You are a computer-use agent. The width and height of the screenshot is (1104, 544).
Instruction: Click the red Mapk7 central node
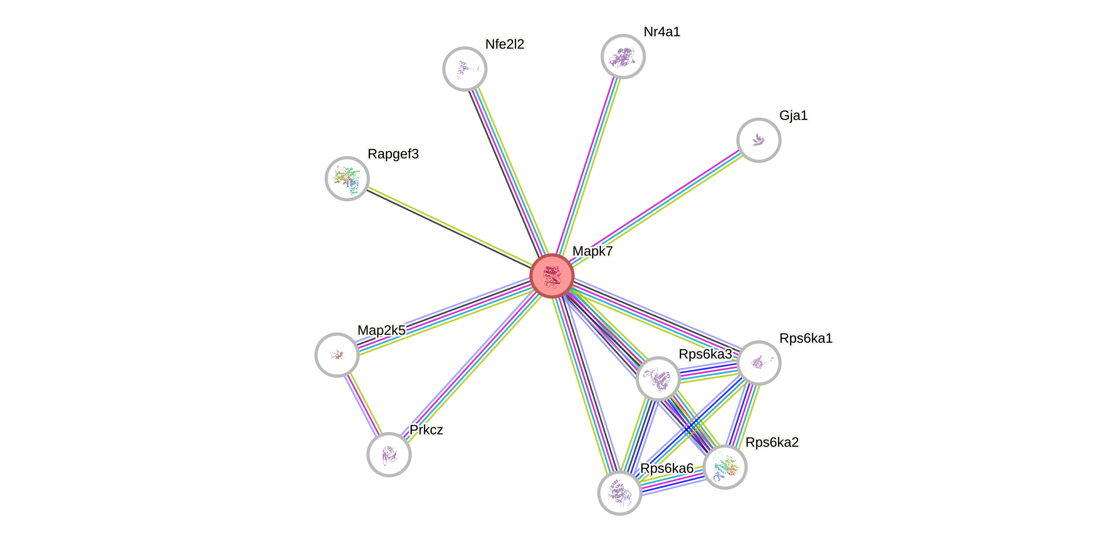click(551, 276)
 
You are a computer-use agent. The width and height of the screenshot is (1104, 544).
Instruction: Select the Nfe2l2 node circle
click(465, 69)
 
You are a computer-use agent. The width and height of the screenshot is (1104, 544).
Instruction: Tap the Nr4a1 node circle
click(623, 56)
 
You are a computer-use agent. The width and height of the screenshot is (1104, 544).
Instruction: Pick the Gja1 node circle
click(759, 140)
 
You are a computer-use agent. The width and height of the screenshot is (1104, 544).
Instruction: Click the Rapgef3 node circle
click(347, 178)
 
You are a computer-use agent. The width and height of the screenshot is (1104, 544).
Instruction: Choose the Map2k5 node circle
click(337, 355)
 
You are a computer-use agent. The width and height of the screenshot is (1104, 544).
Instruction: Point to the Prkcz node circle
click(389, 454)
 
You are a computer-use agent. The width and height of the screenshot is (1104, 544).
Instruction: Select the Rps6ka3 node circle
click(658, 378)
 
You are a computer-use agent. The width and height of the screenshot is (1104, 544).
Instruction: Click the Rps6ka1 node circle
click(759, 363)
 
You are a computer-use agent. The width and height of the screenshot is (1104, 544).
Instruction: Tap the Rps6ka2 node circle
click(725, 466)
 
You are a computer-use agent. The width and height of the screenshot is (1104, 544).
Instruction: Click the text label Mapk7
click(592, 251)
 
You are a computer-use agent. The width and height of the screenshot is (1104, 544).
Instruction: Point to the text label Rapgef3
click(393, 154)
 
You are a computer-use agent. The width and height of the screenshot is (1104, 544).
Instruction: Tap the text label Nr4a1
click(662, 32)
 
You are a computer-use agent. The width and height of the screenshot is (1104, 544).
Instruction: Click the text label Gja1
click(793, 115)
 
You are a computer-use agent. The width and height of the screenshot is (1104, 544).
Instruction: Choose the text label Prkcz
click(426, 430)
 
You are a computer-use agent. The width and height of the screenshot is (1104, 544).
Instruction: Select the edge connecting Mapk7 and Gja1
click(656, 207)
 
